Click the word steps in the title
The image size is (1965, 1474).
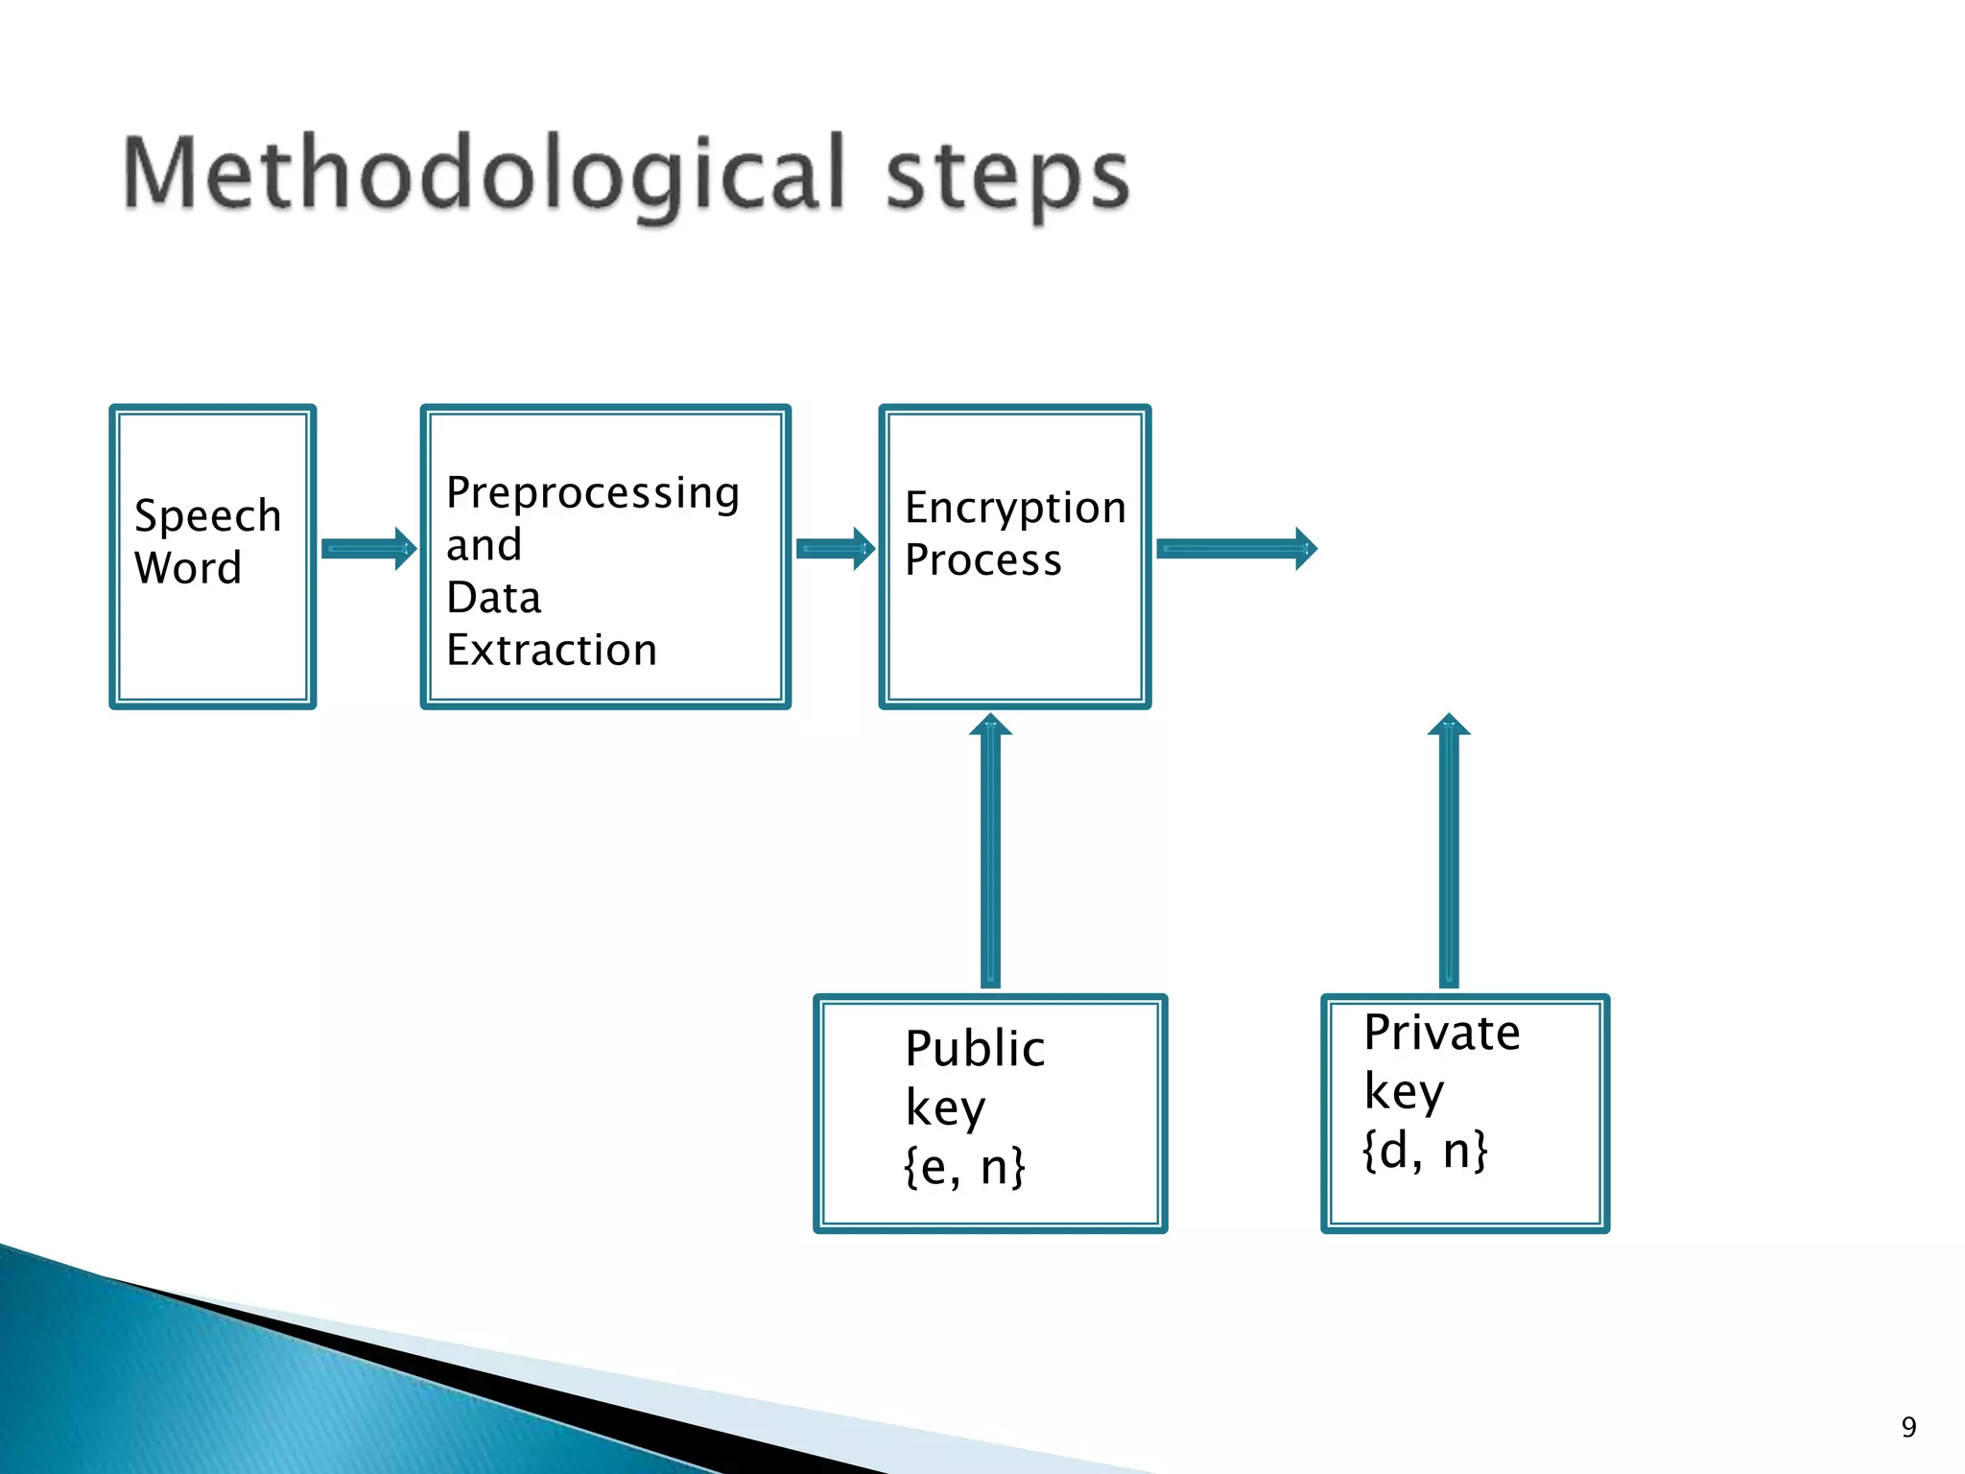pyautogui.click(x=1007, y=178)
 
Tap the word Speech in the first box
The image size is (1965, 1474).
pyautogui.click(x=207, y=516)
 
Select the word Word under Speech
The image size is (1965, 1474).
pyautogui.click(x=188, y=568)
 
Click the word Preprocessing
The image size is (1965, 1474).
pyautogui.click(x=593, y=494)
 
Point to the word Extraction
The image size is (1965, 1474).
pyautogui.click(x=552, y=651)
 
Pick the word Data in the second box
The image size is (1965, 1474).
pyautogui.click(x=494, y=598)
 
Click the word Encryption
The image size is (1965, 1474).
pyautogui.click(x=1015, y=508)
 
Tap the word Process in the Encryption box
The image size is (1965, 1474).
pyautogui.click(x=983, y=560)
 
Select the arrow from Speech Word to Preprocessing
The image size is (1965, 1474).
pyautogui.click(x=368, y=549)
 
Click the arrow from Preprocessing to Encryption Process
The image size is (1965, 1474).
pyautogui.click(x=836, y=549)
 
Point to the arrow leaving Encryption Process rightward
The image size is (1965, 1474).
pyautogui.click(x=1237, y=549)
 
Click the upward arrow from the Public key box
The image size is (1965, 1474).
pyautogui.click(x=990, y=850)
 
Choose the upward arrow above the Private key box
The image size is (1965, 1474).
pyautogui.click(x=1449, y=850)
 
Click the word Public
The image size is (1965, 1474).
pyautogui.click(x=975, y=1048)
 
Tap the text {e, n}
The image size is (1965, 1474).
pyautogui.click(x=964, y=1167)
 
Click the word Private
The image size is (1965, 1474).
pyautogui.click(x=1442, y=1034)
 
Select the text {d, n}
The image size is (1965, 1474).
pyautogui.click(x=1425, y=1150)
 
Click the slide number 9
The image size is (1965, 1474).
pyautogui.click(x=1908, y=1427)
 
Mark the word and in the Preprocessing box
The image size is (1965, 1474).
pyautogui.click(x=485, y=545)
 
